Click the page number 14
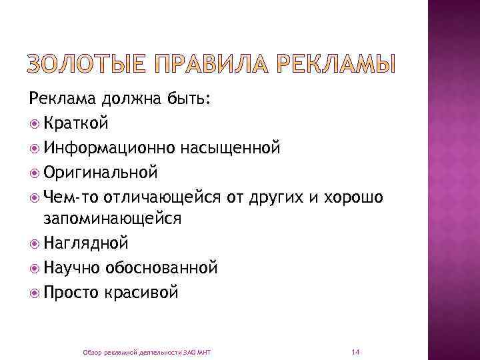pos(355,351)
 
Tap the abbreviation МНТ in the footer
pos(203,351)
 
